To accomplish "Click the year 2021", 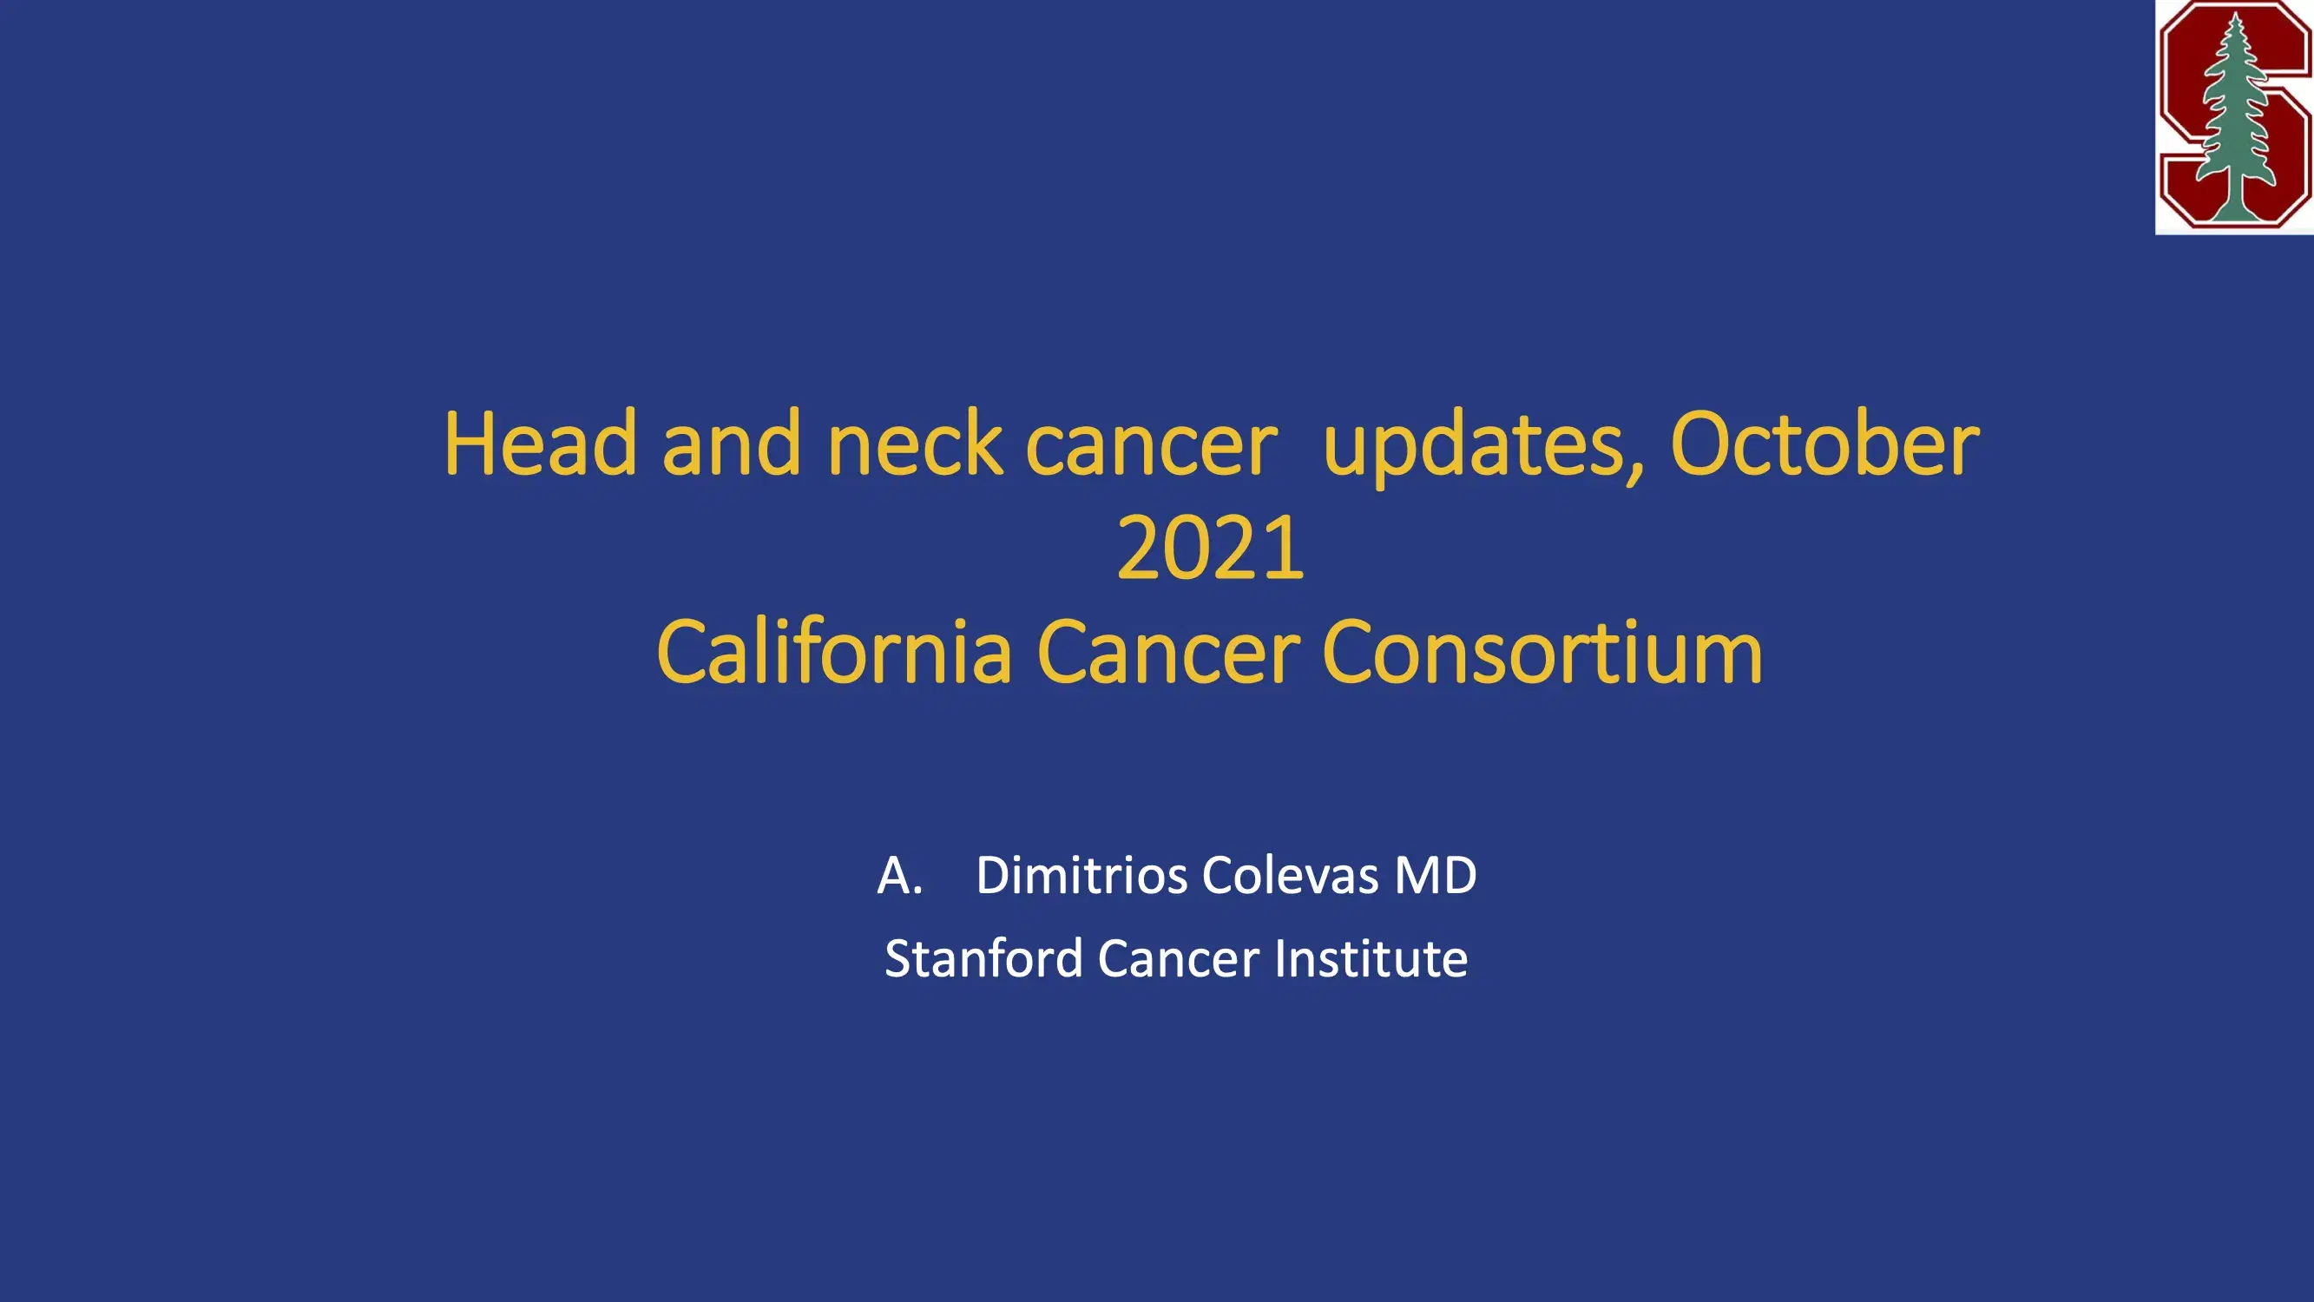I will [1209, 548].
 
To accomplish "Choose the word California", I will [834, 652].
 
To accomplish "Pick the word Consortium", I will [1542, 652].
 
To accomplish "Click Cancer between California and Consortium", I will [1167, 652].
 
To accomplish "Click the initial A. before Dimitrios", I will [899, 875].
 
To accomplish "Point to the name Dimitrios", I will [1081, 875].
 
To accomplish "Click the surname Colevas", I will [1289, 875].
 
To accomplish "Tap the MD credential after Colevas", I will [1435, 875].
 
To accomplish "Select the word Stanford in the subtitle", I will [983, 958].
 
